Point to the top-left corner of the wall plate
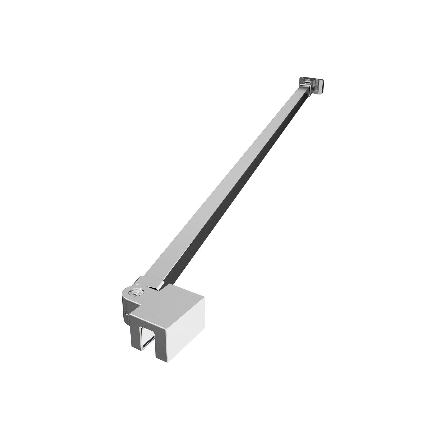[x=299, y=78]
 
